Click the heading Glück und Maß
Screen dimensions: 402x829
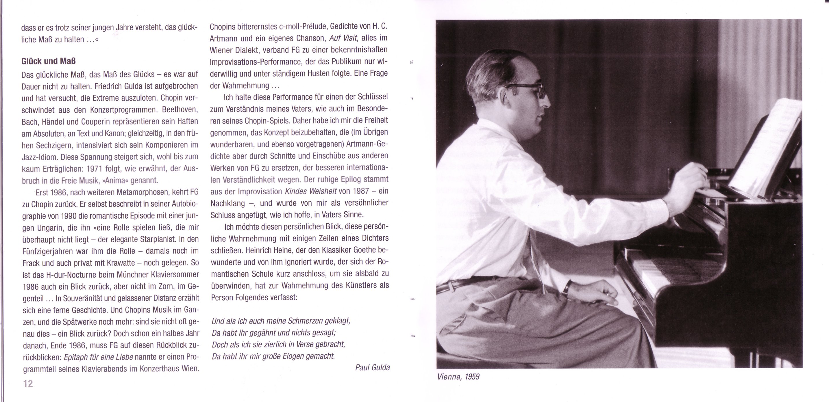(48, 62)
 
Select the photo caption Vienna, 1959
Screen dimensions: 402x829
(458, 377)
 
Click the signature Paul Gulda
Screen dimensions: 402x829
(372, 367)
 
